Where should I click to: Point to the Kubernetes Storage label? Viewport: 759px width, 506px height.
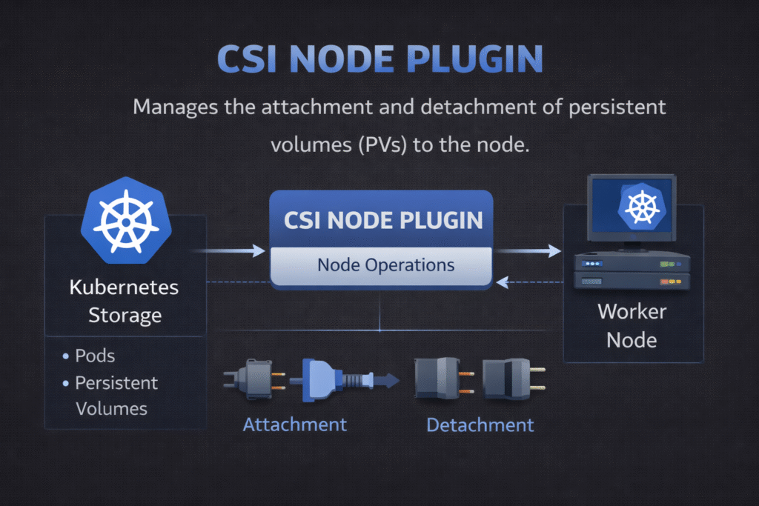tap(125, 301)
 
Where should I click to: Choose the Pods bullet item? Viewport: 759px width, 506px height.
tap(95, 356)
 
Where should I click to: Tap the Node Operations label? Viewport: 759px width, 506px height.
tap(385, 264)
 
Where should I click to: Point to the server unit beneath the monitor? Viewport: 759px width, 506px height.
tap(632, 271)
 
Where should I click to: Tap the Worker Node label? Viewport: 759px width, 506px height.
tap(632, 325)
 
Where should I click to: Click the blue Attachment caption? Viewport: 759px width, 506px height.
tap(294, 425)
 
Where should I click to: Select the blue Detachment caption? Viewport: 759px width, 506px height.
tap(480, 425)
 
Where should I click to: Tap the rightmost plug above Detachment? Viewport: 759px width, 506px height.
tap(511, 378)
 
